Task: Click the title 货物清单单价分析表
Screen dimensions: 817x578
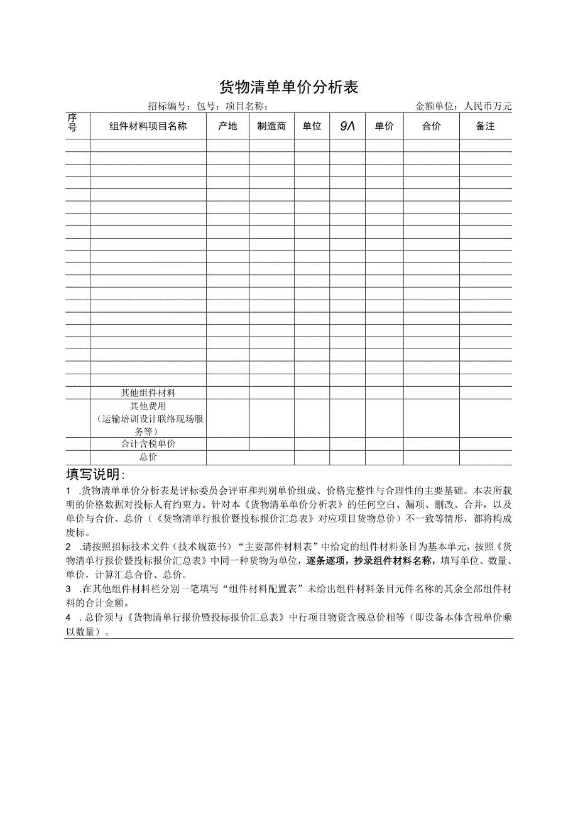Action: tap(288, 87)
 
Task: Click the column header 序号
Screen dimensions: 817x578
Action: tap(72, 123)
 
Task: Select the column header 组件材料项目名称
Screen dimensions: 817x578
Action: tap(148, 126)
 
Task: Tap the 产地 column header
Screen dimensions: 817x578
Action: tap(227, 126)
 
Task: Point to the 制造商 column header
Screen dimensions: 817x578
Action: tap(271, 126)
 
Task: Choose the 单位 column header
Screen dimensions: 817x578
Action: tap(312, 126)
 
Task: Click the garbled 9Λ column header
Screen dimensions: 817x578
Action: tap(347, 126)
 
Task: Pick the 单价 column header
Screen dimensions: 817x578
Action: tap(384, 126)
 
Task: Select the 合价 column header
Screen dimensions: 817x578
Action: tap(431, 126)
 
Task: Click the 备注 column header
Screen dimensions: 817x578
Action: tap(485, 126)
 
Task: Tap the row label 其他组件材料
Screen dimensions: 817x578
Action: tap(148, 392)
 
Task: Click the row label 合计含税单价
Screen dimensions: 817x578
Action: tap(148, 444)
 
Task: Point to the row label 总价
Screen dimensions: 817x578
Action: tap(148, 457)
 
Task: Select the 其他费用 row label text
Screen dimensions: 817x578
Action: tap(148, 407)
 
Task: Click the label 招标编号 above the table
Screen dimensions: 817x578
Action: tap(168, 106)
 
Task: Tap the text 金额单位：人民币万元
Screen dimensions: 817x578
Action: tap(464, 106)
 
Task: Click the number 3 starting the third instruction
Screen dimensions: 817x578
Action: tap(68, 590)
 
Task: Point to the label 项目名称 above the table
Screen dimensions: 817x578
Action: tap(246, 106)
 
